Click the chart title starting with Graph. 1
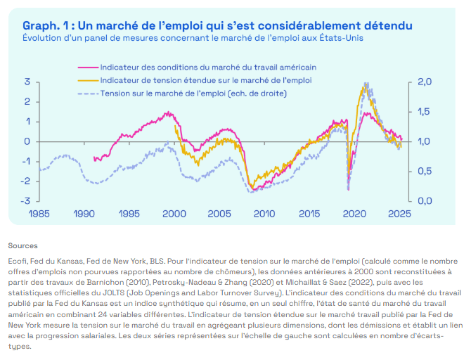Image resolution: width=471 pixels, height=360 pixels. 217,26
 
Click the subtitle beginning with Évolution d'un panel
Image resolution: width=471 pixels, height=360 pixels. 193,38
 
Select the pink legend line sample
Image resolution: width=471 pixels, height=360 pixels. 88,67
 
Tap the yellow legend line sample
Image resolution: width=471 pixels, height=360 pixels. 88,81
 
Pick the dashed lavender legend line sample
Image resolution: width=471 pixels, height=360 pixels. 88,94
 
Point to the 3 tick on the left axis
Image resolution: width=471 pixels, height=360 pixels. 27,82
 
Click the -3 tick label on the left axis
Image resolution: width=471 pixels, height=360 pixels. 25,200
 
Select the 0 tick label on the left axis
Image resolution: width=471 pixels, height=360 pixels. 27,141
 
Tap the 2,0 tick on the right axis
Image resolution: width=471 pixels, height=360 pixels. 425,82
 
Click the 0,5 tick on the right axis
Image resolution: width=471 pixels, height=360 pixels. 425,172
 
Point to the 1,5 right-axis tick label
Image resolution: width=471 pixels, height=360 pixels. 425,112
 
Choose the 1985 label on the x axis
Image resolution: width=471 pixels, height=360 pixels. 39,214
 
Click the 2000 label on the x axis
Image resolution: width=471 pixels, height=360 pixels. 174,214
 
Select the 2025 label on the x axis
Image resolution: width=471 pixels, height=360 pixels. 399,214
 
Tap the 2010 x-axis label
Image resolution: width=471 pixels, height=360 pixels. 264,214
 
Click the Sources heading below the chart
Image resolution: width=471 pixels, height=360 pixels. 22,246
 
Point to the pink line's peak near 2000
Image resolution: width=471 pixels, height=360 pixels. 168,112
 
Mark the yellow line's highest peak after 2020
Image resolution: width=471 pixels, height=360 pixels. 365,86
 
